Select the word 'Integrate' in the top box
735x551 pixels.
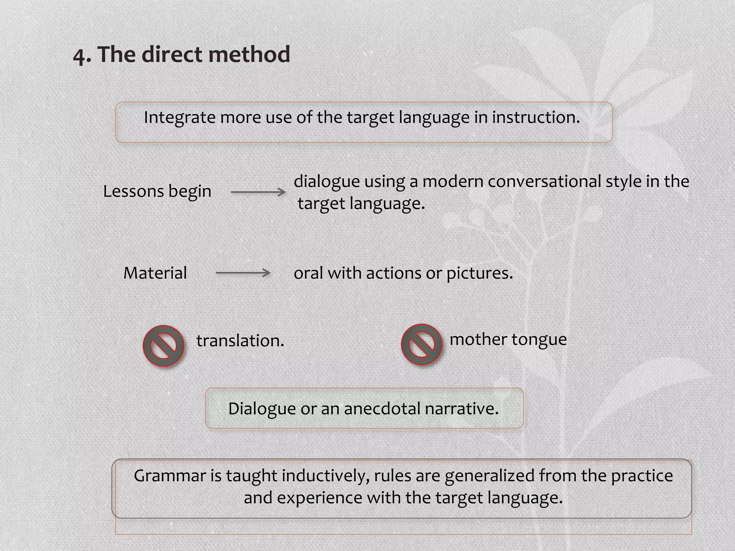click(179, 118)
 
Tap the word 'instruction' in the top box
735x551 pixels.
click(535, 117)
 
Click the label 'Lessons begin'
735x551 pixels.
click(157, 192)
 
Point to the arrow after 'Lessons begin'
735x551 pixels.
click(258, 193)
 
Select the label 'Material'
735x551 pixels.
click(155, 273)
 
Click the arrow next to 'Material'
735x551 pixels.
click(243, 273)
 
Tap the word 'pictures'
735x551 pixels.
click(479, 273)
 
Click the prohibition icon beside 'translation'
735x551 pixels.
click(164, 345)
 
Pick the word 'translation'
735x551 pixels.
click(240, 341)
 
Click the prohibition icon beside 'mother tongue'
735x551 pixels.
click(421, 344)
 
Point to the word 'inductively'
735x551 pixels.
click(326, 476)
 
